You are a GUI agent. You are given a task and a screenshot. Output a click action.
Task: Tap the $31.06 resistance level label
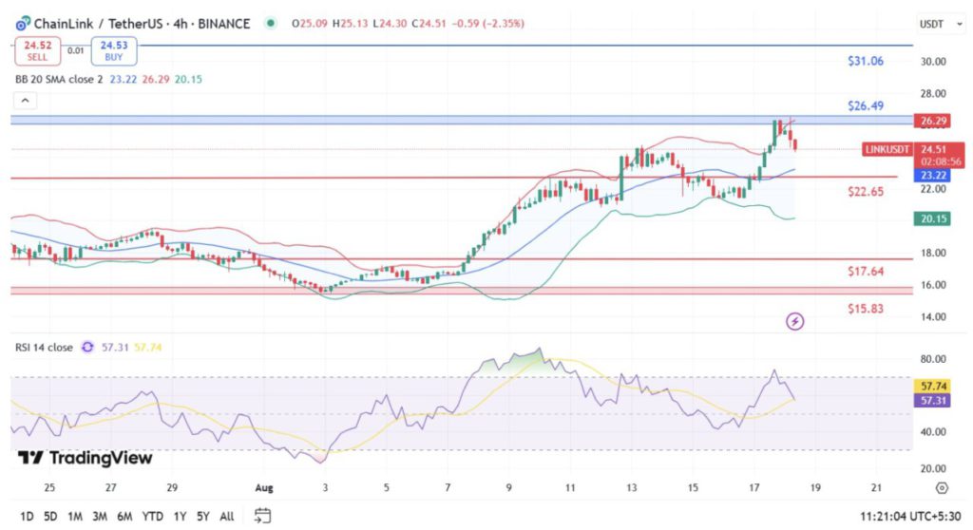866,61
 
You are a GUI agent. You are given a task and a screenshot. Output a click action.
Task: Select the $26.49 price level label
866,105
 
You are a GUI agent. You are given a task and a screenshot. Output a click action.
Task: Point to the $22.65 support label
866,191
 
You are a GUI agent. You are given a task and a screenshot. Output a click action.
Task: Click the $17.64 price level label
866,272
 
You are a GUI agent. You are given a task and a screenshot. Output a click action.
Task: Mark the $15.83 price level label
866,309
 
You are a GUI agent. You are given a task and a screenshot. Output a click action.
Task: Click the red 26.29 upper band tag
930,121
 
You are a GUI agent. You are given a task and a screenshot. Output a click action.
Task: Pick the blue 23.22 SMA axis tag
930,176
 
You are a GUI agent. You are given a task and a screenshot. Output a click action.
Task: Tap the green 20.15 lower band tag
930,218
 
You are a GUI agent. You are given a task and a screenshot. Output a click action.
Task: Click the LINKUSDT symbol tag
887,149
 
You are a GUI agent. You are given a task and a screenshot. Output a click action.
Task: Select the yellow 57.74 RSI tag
930,387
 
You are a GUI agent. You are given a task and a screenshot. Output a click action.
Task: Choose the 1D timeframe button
27,516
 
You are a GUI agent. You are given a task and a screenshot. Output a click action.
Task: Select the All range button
226,516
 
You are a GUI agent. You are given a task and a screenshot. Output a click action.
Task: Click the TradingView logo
86,458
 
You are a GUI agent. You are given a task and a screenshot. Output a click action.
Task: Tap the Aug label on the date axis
265,487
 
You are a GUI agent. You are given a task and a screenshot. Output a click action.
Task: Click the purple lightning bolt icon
795,322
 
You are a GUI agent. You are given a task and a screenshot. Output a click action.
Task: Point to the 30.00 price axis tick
932,61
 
